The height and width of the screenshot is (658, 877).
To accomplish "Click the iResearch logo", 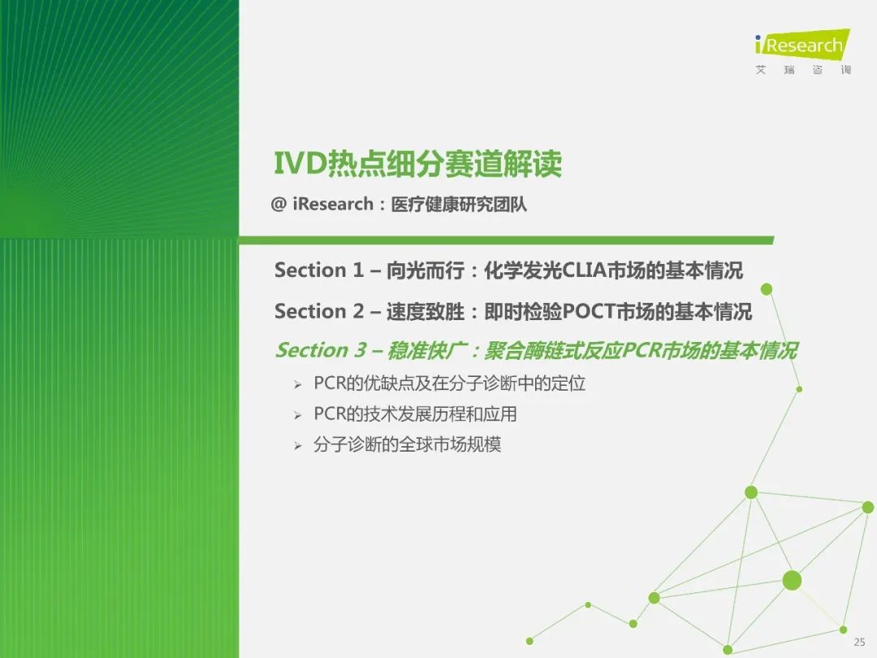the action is (802, 44).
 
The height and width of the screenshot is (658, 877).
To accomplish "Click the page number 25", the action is (860, 642).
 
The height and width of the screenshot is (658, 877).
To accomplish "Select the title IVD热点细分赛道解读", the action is (418, 163).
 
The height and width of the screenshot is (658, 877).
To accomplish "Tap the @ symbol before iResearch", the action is (278, 204).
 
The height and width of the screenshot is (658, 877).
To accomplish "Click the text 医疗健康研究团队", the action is (459, 204).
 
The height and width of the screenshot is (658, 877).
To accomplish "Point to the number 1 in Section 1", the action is (358, 271).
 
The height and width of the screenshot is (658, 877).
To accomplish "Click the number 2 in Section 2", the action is (358, 311).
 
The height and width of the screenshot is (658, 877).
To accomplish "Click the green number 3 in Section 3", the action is (360, 350).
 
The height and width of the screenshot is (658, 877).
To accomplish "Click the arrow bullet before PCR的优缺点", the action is (297, 385).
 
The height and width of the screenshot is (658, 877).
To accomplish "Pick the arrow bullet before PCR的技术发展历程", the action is (297, 416).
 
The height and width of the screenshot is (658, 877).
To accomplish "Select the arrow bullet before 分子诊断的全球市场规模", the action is (297, 446).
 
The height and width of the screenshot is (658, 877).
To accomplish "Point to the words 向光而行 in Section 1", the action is (425, 271).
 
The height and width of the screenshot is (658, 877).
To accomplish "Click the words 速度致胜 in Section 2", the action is (425, 311).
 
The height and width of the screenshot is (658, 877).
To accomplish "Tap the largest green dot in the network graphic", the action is (792, 581).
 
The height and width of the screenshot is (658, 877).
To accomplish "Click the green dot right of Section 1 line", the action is (767, 289).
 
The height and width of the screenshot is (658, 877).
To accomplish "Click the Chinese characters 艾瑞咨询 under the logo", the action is (803, 70).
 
